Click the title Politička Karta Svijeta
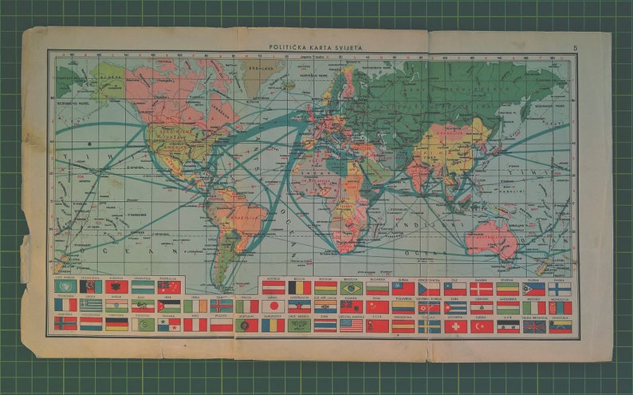[316, 48]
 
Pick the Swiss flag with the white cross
[456, 326]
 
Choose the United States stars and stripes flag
[351, 326]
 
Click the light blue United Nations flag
[66, 286]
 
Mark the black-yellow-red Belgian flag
[299, 287]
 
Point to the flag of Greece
[92, 305]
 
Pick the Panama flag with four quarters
[168, 324]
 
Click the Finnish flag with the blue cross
[559, 287]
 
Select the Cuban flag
[456, 306]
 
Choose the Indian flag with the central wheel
[117, 305]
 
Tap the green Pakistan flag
[143, 324]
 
